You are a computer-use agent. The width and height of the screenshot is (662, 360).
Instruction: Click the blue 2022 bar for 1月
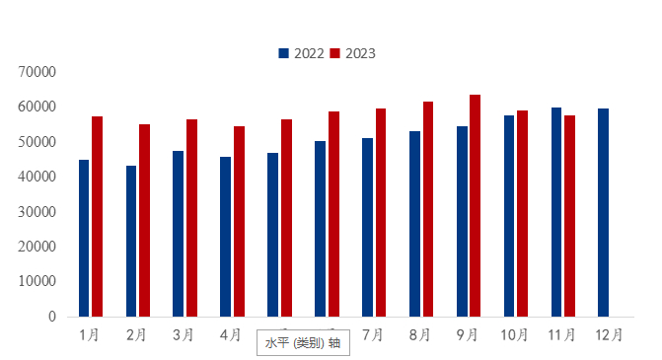tap(84, 238)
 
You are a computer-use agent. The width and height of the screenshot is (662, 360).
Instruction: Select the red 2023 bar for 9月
tap(475, 205)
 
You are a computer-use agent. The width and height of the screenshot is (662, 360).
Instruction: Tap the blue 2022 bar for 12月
tap(603, 212)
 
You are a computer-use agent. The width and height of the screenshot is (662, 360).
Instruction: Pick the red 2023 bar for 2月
tap(144, 220)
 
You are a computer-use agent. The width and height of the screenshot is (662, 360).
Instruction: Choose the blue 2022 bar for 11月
tap(556, 212)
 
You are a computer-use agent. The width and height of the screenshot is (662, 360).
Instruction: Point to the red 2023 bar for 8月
tap(428, 209)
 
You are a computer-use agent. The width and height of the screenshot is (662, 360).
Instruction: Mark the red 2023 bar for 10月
tap(522, 213)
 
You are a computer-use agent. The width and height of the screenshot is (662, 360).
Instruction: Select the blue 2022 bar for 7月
tap(367, 227)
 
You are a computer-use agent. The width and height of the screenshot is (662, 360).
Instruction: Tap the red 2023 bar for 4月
tap(239, 221)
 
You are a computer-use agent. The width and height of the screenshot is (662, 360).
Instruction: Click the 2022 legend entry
tap(302, 53)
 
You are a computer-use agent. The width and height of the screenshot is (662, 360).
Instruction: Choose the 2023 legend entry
tap(352, 53)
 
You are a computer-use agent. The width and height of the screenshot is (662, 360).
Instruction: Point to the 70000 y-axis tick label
tap(37, 72)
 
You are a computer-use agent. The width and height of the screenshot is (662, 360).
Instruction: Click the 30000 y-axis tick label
tap(37, 212)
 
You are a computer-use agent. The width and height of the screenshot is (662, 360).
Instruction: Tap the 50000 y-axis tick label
tap(37, 142)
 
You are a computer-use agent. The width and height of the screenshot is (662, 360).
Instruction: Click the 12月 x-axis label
tap(609, 335)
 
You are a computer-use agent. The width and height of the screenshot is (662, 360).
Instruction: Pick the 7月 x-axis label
tap(373, 335)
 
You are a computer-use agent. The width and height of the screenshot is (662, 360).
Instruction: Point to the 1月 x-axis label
tap(89, 335)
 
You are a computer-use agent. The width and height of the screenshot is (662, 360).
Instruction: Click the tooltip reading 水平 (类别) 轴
tap(303, 343)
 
